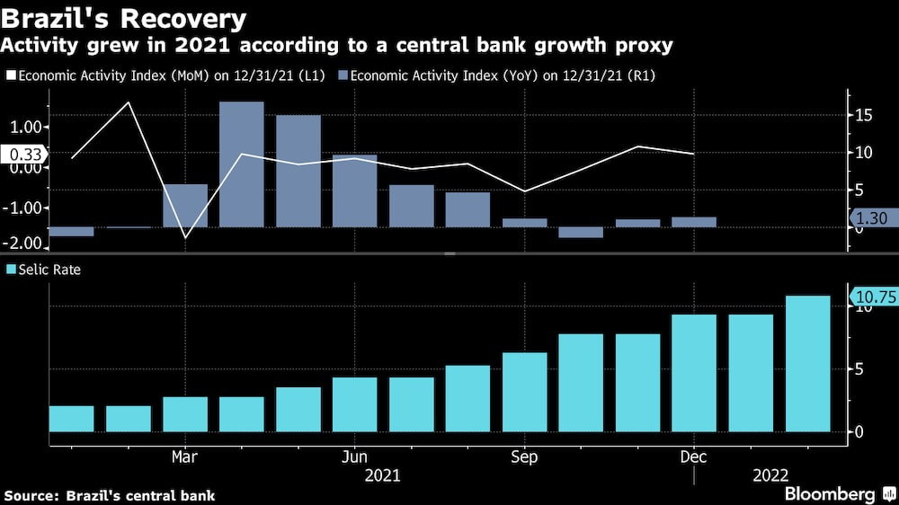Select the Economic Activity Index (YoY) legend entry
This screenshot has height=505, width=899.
click(502, 76)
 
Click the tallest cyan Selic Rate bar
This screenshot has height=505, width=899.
click(808, 364)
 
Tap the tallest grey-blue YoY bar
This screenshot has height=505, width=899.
click(242, 164)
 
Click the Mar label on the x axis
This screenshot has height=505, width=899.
click(184, 457)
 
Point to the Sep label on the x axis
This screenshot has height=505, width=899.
click(524, 457)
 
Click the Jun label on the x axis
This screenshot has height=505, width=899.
click(354, 457)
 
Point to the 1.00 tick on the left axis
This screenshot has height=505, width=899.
click(27, 127)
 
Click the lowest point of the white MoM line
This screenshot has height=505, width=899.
click(185, 238)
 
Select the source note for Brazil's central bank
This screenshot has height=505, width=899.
click(110, 495)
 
